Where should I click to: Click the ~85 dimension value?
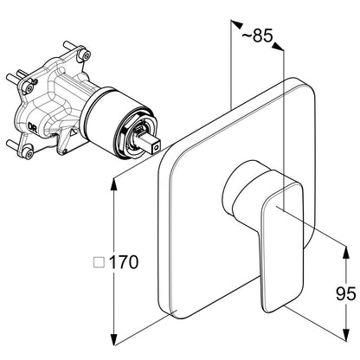point(257,36)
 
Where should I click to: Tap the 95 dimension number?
point(345,294)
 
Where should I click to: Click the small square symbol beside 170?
point(100,262)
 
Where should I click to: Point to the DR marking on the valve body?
point(32,126)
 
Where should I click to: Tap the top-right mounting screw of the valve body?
point(85,55)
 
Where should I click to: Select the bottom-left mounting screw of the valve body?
point(28,152)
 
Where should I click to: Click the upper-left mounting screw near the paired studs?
point(28,88)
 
